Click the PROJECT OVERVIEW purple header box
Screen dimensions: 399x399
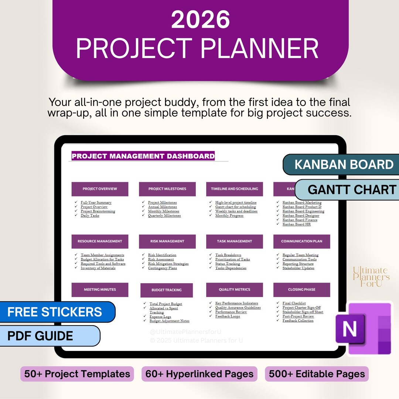pyautogui.click(x=100, y=189)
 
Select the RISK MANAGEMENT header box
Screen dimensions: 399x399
pyautogui.click(x=167, y=241)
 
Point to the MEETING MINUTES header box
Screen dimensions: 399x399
pyautogui.click(x=100, y=290)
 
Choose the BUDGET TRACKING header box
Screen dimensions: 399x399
pyautogui.click(x=167, y=290)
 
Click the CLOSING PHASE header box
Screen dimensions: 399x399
pyautogui.click(x=301, y=290)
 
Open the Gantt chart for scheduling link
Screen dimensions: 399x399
pyautogui.click(x=235, y=207)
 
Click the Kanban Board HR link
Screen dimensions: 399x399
pyautogui.click(x=296, y=224)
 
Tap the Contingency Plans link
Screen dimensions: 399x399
pyautogui.click(x=162, y=268)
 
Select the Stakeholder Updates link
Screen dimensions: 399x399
pyautogui.click(x=298, y=268)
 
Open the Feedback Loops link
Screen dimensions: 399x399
pyautogui.click(x=228, y=316)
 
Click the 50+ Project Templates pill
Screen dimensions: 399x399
pyautogui.click(x=77, y=374)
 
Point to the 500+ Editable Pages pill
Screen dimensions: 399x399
pyautogui.click(x=317, y=374)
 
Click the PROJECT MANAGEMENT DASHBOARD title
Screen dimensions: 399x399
pyautogui.click(x=143, y=156)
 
